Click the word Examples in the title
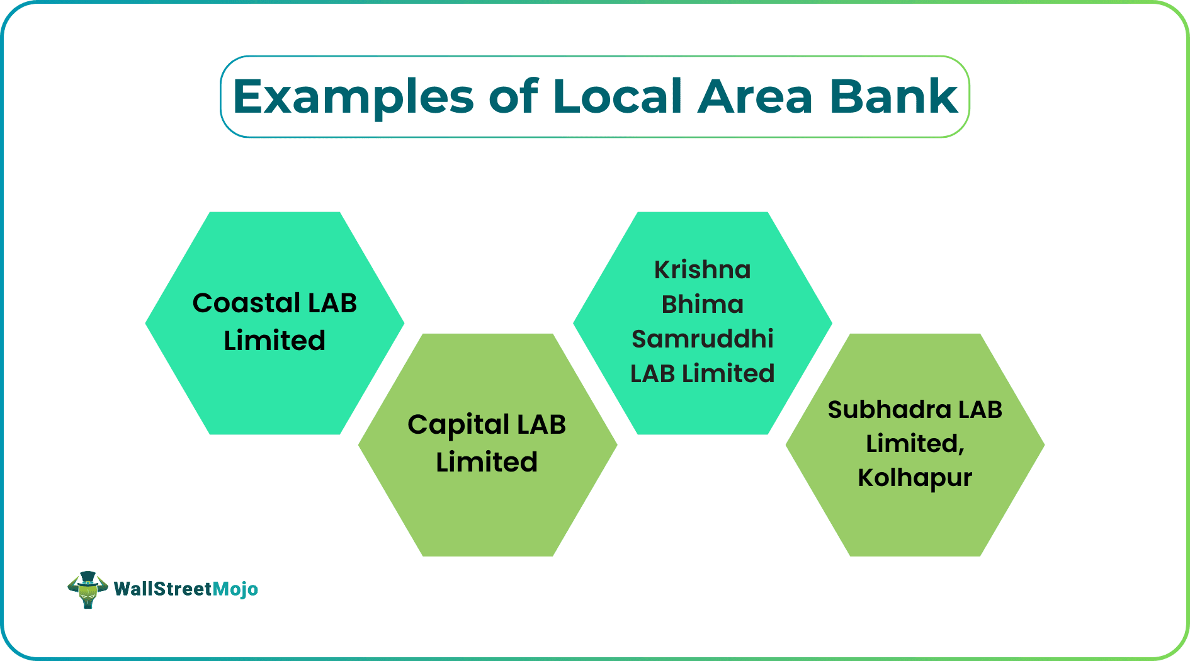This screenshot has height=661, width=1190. click(x=353, y=98)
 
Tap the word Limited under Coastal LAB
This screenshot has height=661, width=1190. click(x=275, y=341)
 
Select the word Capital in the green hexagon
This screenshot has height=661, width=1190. click(x=458, y=426)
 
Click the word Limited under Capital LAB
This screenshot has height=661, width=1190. click(x=487, y=462)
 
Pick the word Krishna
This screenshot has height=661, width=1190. click(x=702, y=270)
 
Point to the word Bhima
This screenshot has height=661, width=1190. click(x=702, y=305)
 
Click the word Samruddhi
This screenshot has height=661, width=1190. click(x=702, y=339)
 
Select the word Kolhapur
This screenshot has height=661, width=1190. click(x=914, y=478)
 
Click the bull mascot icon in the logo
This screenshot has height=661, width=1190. click(x=88, y=589)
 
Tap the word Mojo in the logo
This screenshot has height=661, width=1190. click(x=235, y=589)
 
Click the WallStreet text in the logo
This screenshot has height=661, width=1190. click(x=162, y=589)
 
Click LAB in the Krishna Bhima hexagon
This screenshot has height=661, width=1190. click(x=652, y=374)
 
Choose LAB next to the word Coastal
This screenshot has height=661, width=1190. click(x=332, y=303)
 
